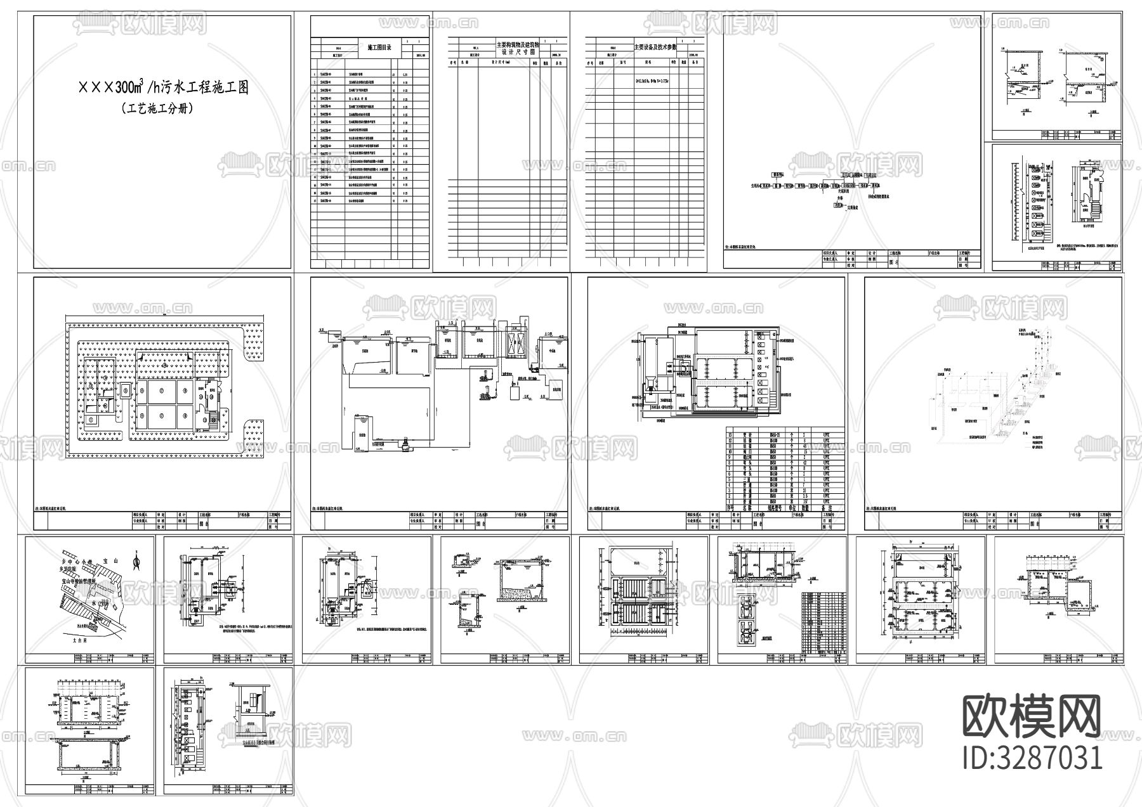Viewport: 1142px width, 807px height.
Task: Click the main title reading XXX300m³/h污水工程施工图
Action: pos(163,88)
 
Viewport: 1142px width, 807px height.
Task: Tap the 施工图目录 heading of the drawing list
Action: pos(380,48)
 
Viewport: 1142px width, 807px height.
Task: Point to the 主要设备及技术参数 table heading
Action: pos(655,48)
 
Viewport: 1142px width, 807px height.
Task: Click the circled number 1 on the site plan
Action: pos(92,419)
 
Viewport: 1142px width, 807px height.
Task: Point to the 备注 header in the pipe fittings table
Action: pos(826,507)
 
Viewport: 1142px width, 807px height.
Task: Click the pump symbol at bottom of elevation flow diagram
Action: pos(402,446)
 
